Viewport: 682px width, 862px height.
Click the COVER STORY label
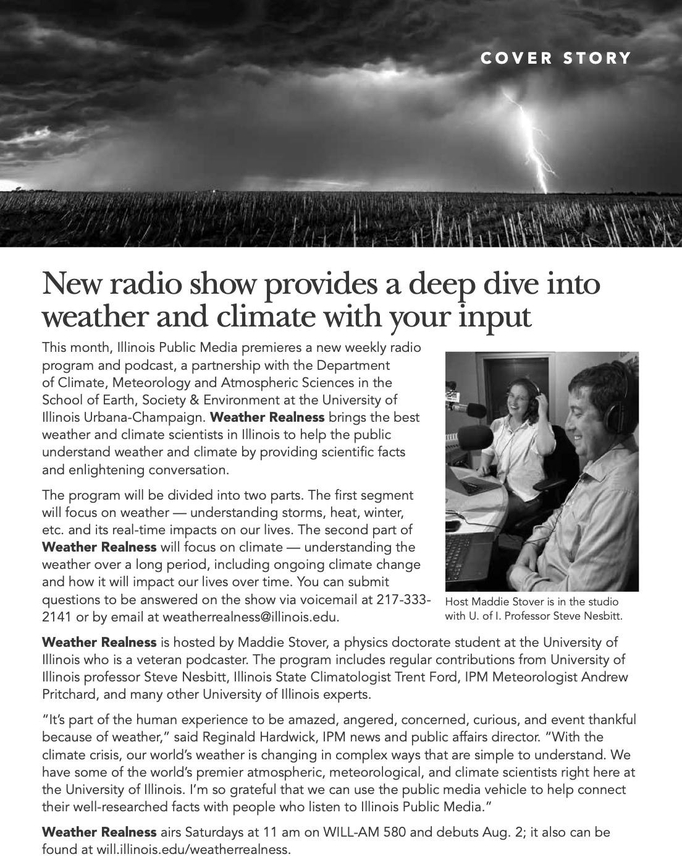point(556,58)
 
